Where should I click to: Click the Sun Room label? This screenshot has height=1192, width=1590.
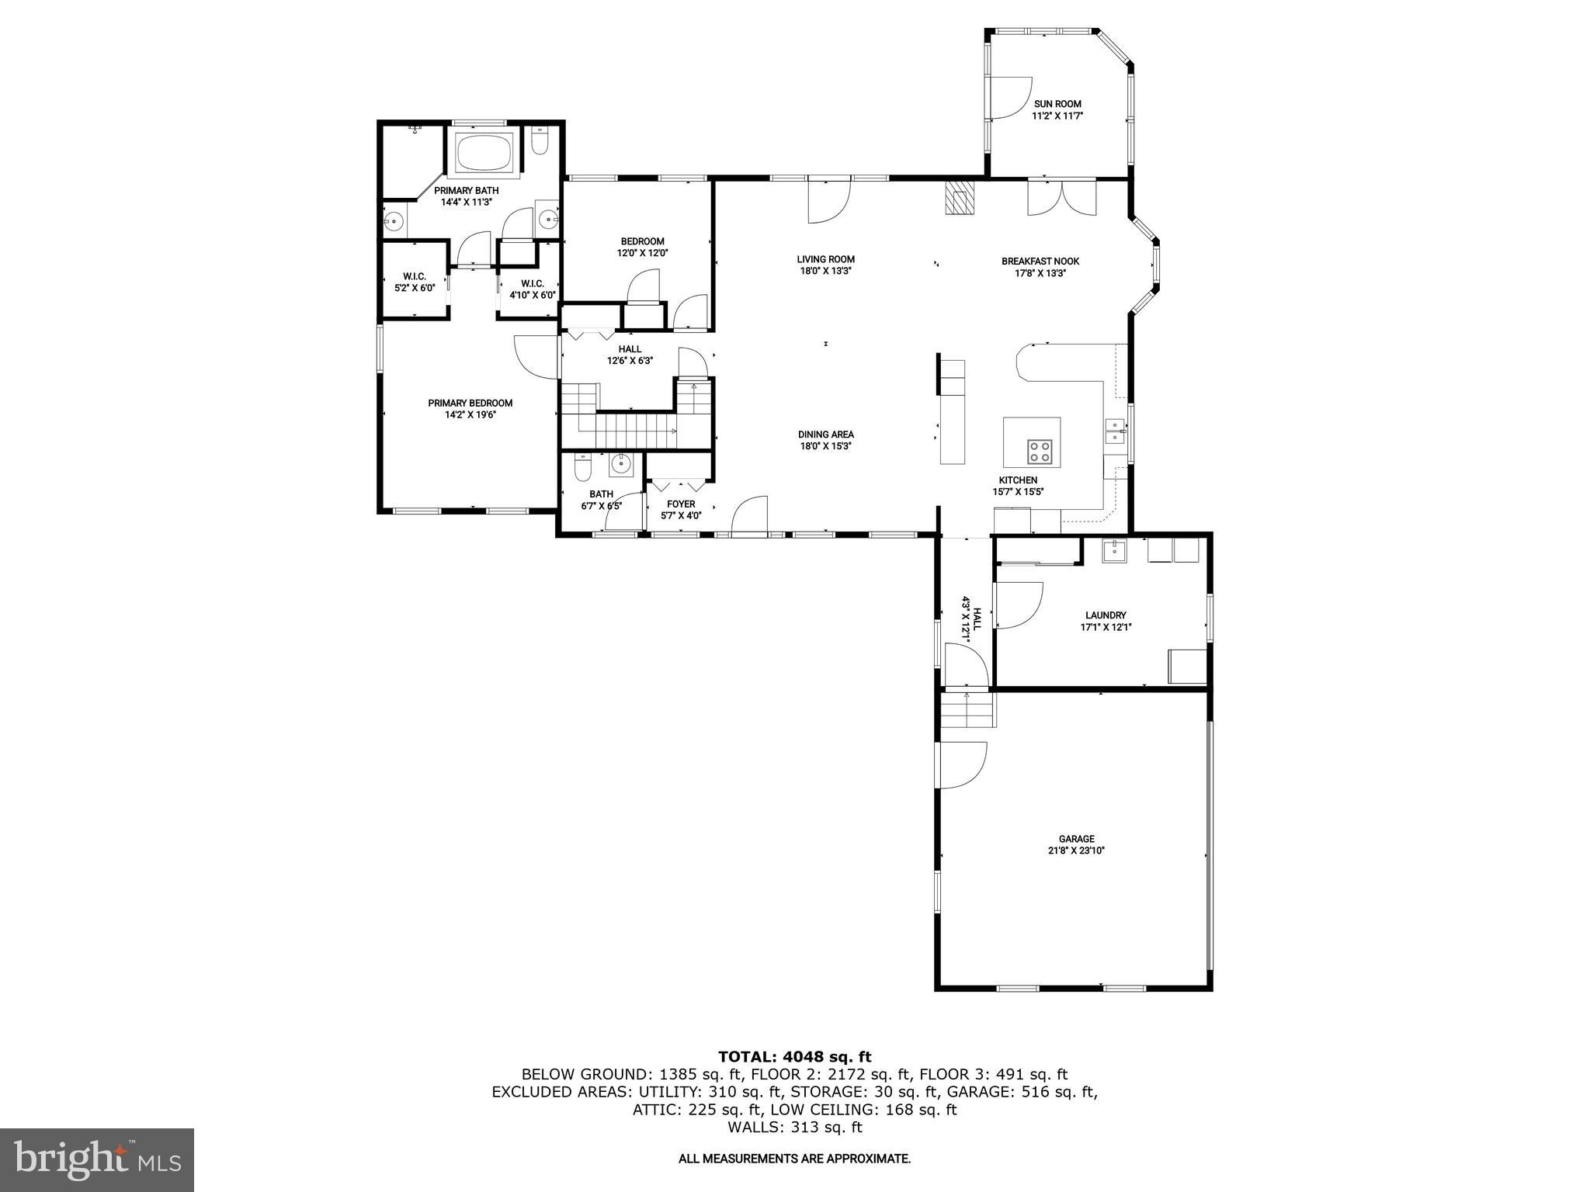point(1057,104)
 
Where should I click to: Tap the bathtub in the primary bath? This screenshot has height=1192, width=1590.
point(484,153)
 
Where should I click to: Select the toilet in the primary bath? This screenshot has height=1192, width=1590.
point(541,141)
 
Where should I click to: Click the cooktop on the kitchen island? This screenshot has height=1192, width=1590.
point(1040,451)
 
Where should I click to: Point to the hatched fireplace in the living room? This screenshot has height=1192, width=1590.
point(959,199)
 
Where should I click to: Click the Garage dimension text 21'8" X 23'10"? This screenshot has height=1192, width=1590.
point(1076,851)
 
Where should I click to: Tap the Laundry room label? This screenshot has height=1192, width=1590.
point(1106,615)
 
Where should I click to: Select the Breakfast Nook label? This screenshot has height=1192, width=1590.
point(1040,262)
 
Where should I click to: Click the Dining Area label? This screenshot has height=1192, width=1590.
point(826,435)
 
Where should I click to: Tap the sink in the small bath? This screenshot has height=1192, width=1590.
point(620,465)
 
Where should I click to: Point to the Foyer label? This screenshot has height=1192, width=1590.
point(681,504)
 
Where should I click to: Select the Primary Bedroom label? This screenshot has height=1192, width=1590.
point(470,403)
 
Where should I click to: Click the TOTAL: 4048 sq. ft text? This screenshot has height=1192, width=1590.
point(794,1056)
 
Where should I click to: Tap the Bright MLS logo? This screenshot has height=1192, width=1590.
point(96,1159)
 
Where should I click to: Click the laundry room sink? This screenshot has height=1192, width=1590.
point(1114,550)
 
